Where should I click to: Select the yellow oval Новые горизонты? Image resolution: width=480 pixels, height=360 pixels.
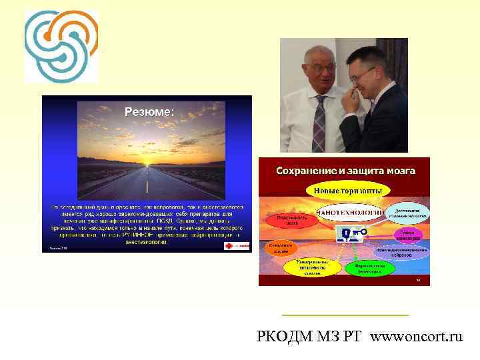(x=345, y=191)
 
